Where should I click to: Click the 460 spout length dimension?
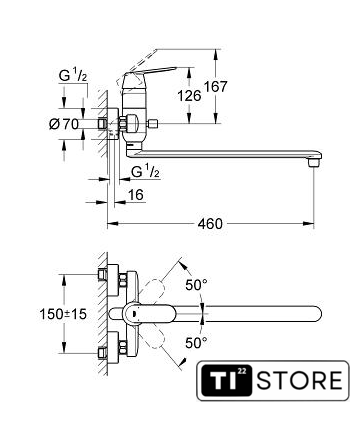tap(210, 223)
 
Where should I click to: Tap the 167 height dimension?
tap(215, 87)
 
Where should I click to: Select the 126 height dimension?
tap(189, 96)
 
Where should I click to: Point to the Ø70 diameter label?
tap(64, 124)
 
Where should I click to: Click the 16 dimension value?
tap(136, 195)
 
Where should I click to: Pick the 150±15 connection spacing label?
tap(63, 314)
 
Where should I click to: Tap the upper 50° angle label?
tap(197, 285)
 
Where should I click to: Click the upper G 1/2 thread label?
tap(73, 76)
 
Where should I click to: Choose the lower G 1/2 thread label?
tap(145, 171)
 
